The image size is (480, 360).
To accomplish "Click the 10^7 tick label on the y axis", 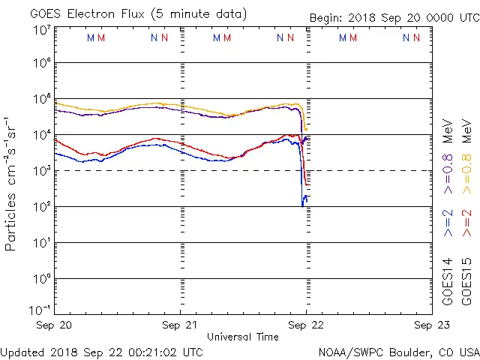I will click(41, 29).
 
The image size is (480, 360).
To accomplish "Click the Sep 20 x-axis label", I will click(55, 325).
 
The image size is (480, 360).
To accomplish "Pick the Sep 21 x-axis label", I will click(180, 325).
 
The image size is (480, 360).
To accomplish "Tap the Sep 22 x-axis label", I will click(305, 325).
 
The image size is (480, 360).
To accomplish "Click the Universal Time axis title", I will click(242, 337).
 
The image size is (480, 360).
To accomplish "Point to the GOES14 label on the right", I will click(448, 280).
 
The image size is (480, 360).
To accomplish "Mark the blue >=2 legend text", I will click(448, 223).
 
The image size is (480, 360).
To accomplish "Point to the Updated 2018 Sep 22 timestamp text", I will click(101, 351).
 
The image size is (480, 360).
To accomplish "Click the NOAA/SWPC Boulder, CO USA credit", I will click(398, 351).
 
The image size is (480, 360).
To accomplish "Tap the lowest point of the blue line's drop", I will click(303, 205).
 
